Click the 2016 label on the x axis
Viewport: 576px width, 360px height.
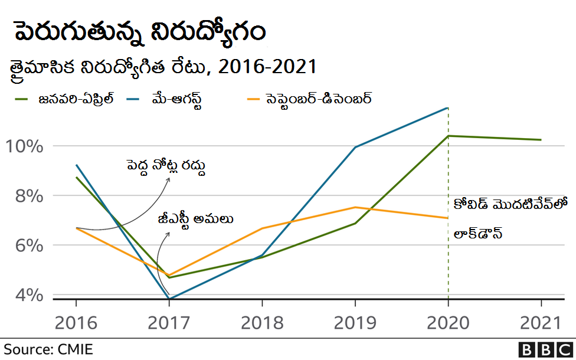[76, 323]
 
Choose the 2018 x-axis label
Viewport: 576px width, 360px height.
[262, 323]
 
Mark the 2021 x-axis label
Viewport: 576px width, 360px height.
[541, 323]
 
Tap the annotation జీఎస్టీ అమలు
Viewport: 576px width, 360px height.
[195, 220]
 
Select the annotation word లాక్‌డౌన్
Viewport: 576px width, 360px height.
[478, 234]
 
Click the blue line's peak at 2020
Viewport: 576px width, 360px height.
[448, 108]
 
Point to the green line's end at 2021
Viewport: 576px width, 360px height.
[541, 140]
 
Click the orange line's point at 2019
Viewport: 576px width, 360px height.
[355, 207]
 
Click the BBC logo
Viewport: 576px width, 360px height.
[544, 349]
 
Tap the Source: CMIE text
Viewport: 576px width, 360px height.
[48, 349]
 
